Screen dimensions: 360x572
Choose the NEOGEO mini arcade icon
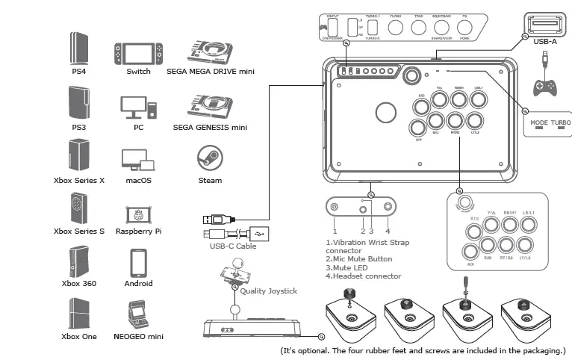click(138, 314)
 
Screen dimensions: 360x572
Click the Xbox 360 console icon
click(78, 261)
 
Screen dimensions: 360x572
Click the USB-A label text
click(545, 43)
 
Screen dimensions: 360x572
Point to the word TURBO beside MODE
click(560, 121)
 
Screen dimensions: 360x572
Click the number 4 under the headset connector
click(388, 220)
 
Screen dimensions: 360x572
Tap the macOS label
click(138, 180)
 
